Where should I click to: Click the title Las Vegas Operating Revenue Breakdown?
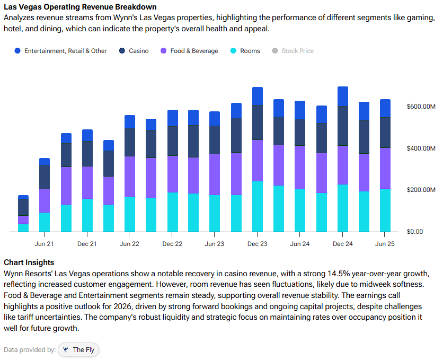tap(81, 7)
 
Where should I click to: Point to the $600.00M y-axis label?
tap(421, 107)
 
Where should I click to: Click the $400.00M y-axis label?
tap(421, 148)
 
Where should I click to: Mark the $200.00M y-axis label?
tap(421, 190)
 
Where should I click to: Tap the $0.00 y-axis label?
tap(414, 232)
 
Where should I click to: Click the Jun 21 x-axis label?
tap(45, 244)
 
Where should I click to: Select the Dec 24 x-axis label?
tap(343, 244)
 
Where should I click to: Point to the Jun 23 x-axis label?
tap(215, 244)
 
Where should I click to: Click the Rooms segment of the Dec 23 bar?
tap(258, 207)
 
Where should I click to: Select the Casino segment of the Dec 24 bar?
tap(343, 126)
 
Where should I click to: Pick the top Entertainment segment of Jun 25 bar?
tap(385, 108)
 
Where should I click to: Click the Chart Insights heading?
tap(29, 262)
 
